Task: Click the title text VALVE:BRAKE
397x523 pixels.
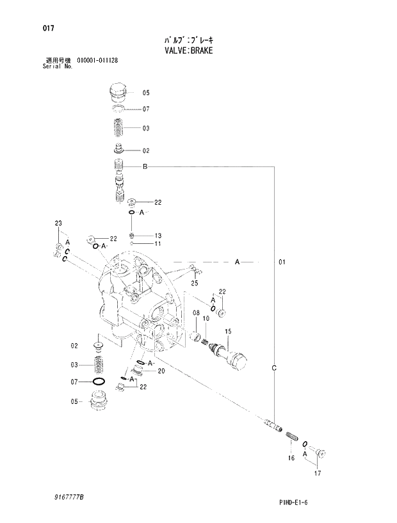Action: tap(188, 50)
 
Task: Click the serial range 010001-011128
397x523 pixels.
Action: tap(97, 60)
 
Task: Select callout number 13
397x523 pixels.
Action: tap(158, 236)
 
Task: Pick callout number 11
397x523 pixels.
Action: tap(158, 244)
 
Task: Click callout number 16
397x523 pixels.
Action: tap(290, 458)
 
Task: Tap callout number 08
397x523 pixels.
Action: tap(196, 312)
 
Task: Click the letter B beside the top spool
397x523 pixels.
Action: tap(145, 167)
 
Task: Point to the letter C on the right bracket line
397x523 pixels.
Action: tap(274, 367)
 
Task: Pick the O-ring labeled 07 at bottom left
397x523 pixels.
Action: tap(99, 382)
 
